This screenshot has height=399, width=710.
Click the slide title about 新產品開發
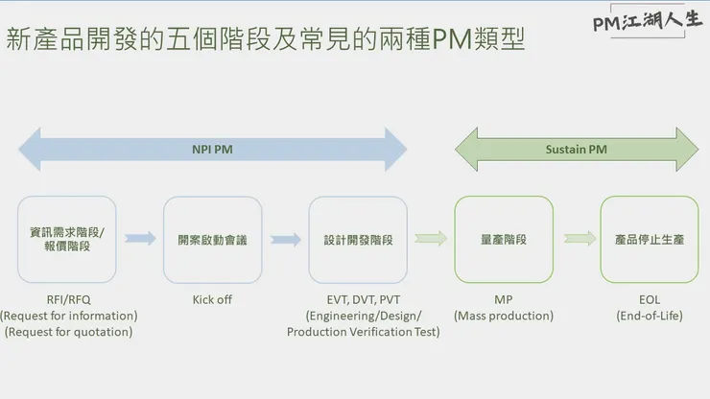[266, 40]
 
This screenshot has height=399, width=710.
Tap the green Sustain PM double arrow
[576, 149]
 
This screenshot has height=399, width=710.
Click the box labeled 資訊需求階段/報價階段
[67, 239]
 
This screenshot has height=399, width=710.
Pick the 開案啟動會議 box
[213, 239]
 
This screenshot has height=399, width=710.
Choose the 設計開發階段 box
[358, 239]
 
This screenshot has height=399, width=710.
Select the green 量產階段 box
[504, 239]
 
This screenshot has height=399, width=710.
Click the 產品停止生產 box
[650, 239]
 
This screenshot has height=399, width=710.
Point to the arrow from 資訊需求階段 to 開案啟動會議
[140, 239]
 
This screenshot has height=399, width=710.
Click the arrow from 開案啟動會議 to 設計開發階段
[286, 239]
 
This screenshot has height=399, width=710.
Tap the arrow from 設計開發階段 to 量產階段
[431, 239]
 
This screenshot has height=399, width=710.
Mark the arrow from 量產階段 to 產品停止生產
[580, 239]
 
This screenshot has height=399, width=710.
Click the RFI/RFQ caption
[68, 299]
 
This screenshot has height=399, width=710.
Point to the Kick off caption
[212, 299]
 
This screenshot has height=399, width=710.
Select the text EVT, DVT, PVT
[363, 299]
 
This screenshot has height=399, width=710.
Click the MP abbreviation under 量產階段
[504, 299]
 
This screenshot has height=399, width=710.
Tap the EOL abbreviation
[650, 299]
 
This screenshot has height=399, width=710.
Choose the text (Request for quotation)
[68, 332]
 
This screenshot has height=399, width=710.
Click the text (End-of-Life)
[650, 316]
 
